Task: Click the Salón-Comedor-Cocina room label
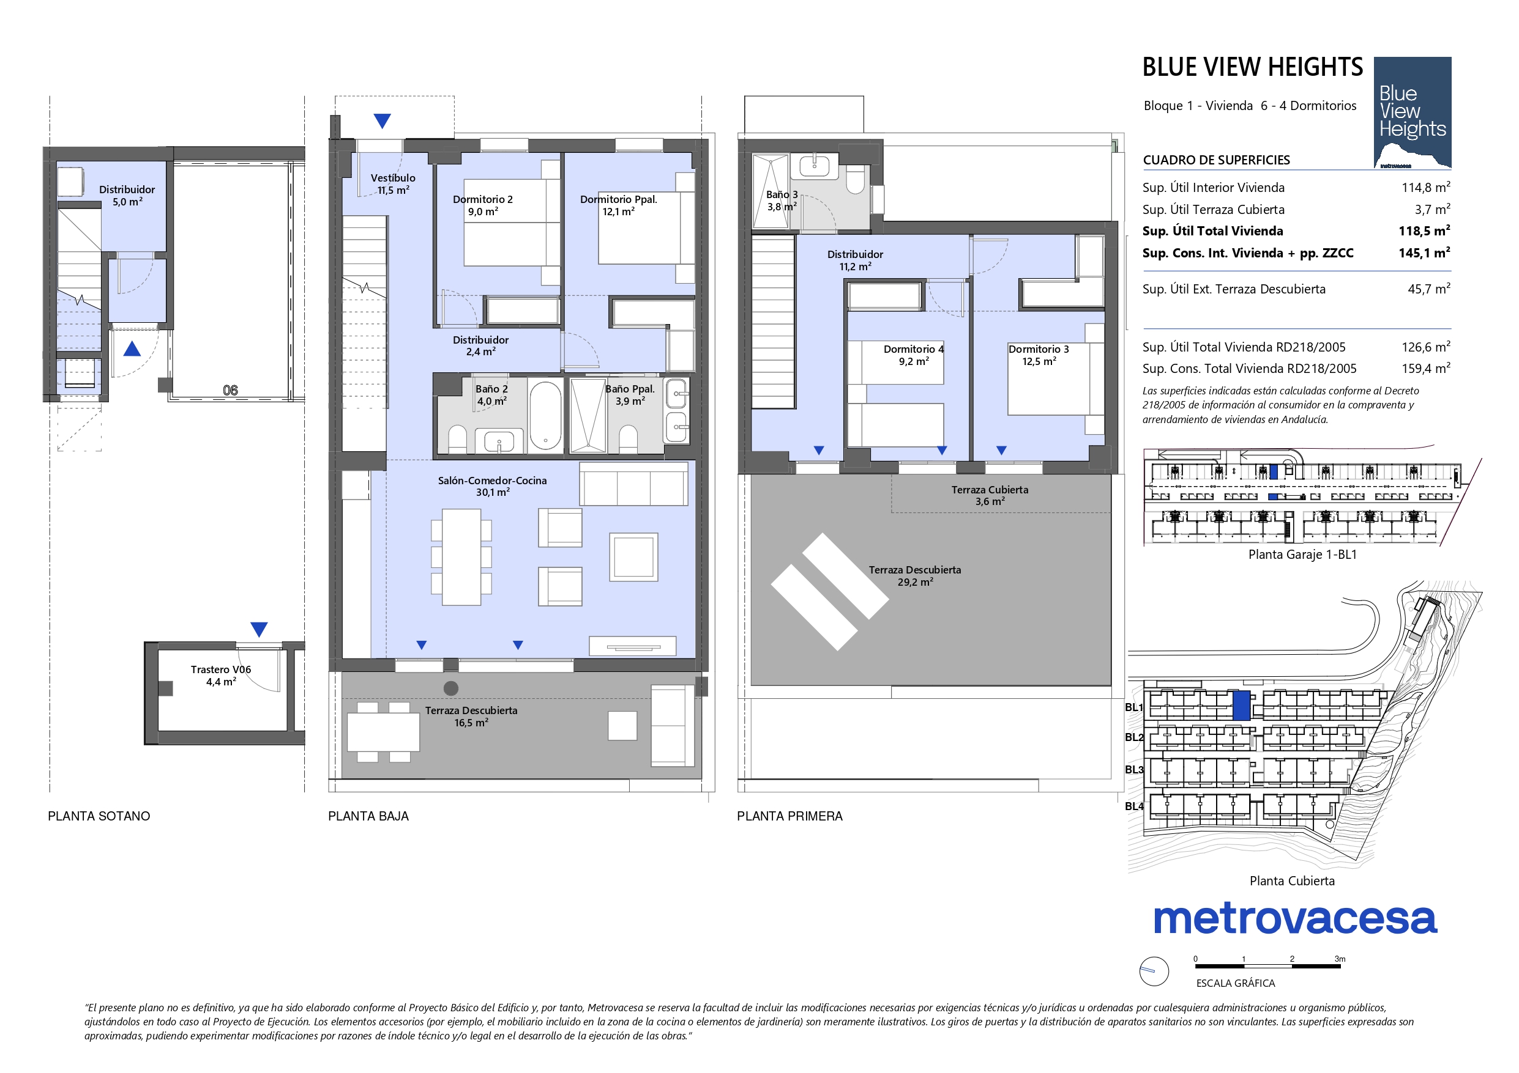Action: pos(492,486)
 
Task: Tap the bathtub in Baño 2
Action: pos(545,415)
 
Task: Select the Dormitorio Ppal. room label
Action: pos(619,205)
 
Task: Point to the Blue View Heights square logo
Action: pos(1413,112)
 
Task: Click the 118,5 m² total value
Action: pos(1424,230)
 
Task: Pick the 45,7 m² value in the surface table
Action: pos(1429,289)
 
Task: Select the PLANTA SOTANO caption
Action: pos(99,816)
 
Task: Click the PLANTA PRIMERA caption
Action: pos(790,816)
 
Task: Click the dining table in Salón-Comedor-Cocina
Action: pos(461,556)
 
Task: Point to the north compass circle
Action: pos(1154,971)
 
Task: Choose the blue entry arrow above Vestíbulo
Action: pos(382,121)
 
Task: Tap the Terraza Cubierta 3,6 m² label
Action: pos(990,495)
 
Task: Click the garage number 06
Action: pos(230,390)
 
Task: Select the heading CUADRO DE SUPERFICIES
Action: pos(1217,160)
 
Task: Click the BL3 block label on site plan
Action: pos(1134,770)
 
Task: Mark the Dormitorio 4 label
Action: pos(914,349)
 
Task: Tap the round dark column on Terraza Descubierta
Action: pos(450,688)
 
